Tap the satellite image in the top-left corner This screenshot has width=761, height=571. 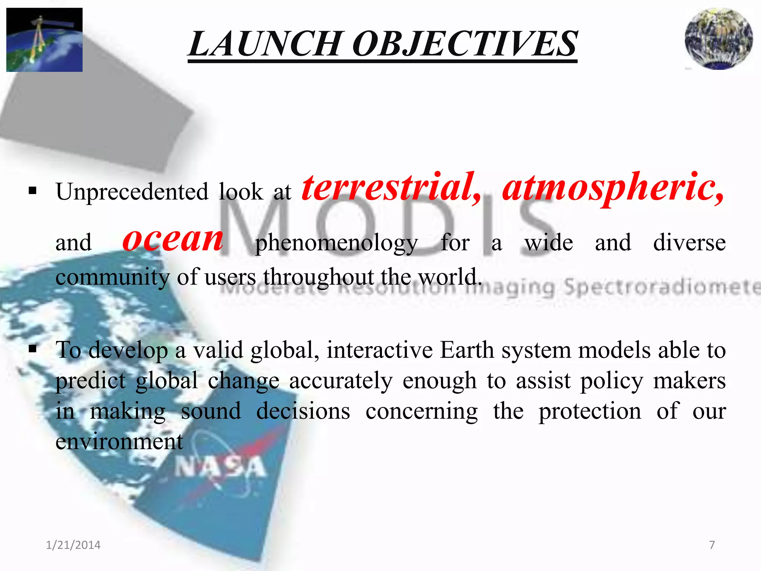pos(44,39)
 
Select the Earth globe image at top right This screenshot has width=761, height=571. pos(719,39)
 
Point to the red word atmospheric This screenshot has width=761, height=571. pos(613,188)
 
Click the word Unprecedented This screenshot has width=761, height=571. pos(132,192)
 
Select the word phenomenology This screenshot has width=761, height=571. pos(336,244)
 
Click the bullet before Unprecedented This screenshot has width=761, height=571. pos(33,191)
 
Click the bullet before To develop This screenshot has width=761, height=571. pos(33,349)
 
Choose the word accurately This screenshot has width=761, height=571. pos(341,381)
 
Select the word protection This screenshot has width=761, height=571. pos(590,412)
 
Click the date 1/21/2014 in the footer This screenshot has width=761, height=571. pos(73,545)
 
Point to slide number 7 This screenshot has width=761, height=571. pos(712,545)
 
